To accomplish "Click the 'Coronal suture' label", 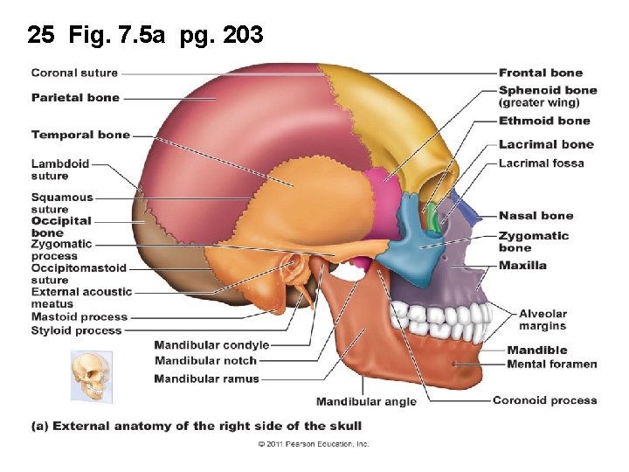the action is [74, 73].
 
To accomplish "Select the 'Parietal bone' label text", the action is [75, 98].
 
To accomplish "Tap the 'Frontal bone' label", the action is [540, 73].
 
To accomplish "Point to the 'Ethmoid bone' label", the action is [544, 121].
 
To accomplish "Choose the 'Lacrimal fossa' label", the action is [541, 163].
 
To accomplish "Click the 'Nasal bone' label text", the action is [536, 216].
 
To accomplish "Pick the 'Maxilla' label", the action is [522, 266].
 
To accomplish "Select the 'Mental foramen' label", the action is [551, 364].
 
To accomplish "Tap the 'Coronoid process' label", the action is [544, 400].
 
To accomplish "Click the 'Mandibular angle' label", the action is [366, 402].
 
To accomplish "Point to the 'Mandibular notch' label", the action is [205, 360].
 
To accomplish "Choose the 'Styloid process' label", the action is [76, 331].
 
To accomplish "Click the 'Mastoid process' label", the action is [79, 317].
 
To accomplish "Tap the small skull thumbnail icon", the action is [92, 376].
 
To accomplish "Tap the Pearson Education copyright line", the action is [313, 444].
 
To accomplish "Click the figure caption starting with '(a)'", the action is [197, 427].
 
